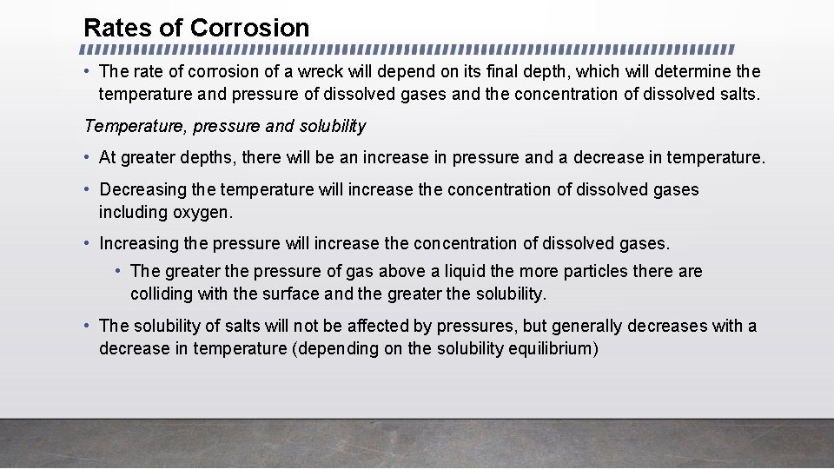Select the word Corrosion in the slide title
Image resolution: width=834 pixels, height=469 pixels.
[249, 28]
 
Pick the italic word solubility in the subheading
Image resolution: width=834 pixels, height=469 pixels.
[333, 127]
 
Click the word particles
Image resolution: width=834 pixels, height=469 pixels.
[595, 272]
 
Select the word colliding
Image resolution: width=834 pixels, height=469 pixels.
[162, 294]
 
